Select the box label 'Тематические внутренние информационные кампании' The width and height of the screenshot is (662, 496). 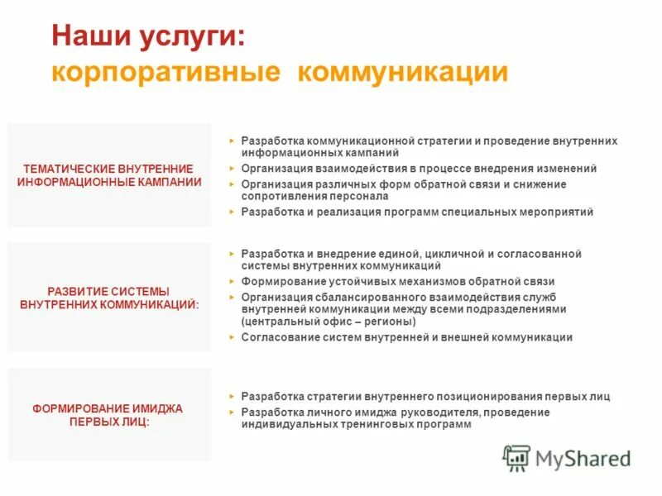click(x=109, y=175)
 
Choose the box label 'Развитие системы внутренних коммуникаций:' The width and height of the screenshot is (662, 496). click(x=109, y=298)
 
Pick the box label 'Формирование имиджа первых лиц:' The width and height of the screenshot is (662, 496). click(x=109, y=415)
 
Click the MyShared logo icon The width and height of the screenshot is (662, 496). click(x=517, y=457)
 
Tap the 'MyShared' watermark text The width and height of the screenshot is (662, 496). click(x=583, y=458)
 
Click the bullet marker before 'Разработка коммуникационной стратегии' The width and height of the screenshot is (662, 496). click(x=232, y=141)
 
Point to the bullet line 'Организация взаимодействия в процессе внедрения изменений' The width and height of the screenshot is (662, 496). click(x=419, y=169)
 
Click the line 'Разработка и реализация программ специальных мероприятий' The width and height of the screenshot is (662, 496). click(x=417, y=212)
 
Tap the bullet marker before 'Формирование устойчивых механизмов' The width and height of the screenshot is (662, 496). click(x=232, y=281)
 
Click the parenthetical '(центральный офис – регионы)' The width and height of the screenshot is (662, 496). click(x=329, y=321)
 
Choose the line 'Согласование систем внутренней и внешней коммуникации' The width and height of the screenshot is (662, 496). click(x=406, y=337)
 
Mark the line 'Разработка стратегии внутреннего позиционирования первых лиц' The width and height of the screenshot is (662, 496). click(x=425, y=397)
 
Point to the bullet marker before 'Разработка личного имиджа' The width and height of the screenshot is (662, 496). click(x=232, y=412)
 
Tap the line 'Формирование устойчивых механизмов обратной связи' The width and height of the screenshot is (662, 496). click(x=397, y=282)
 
